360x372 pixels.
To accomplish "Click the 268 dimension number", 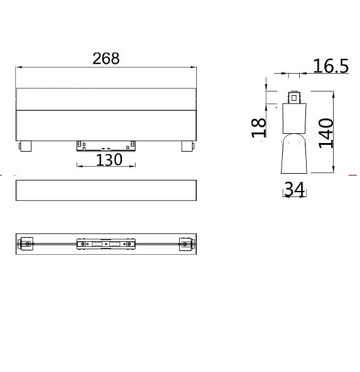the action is pyautogui.click(x=106, y=58).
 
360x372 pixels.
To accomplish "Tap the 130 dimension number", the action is pyautogui.click(x=109, y=160).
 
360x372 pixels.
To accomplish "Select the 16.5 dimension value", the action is pyautogui.click(x=331, y=66).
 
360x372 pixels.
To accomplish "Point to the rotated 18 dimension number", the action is pyautogui.click(x=259, y=128).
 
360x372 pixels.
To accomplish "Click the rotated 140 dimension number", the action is pyautogui.click(x=326, y=133).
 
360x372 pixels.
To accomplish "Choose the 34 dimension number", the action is pyautogui.click(x=294, y=189).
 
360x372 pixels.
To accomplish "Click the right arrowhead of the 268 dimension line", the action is pyautogui.click(x=193, y=68).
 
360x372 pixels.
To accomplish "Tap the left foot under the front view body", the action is pyautogui.click(x=25, y=146).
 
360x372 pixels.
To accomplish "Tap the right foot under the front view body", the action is pyautogui.click(x=188, y=146).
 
